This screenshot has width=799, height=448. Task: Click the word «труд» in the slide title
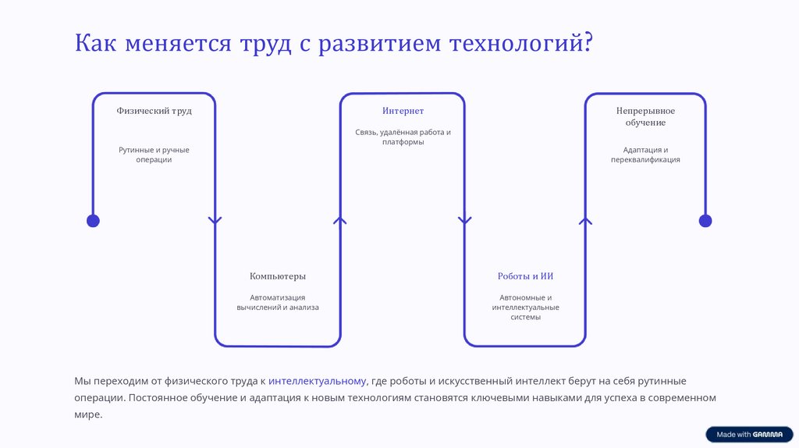[262, 43]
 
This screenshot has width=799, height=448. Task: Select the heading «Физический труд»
[154, 111]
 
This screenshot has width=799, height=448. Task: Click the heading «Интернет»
[403, 111]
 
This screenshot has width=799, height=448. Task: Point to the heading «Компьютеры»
[278, 276]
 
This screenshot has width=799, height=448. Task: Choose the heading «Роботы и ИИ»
[525, 276]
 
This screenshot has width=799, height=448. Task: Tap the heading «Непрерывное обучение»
[645, 117]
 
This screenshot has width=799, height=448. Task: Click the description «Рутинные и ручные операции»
[154, 155]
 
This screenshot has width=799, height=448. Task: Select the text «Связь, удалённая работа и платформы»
[403, 137]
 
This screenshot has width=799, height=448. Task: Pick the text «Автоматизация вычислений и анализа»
[278, 302]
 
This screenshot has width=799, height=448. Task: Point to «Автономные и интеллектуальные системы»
[525, 308]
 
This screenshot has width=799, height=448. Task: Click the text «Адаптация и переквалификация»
[645, 155]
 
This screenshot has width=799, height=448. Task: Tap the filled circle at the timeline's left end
[93, 221]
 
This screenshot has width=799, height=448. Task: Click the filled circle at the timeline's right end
[705, 221]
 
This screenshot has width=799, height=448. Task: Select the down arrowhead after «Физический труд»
[215, 221]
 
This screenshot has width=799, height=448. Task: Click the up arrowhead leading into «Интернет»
[340, 221]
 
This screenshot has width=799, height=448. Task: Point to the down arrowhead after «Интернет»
[465, 221]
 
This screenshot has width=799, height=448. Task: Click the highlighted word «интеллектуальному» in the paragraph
[317, 381]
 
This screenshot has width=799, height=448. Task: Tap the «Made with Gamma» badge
[749, 435]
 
